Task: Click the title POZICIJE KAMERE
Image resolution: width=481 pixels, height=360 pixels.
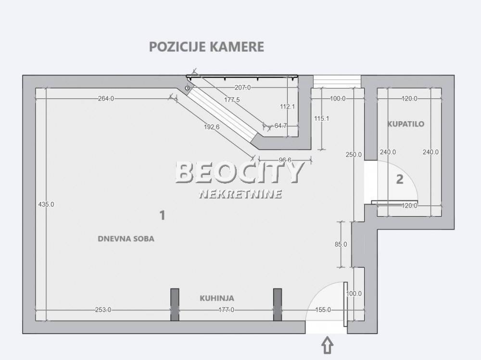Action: [206, 47]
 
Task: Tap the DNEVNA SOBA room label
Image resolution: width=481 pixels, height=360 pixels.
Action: [126, 239]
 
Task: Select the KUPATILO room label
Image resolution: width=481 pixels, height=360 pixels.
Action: [406, 124]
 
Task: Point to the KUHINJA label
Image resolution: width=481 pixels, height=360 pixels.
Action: [217, 298]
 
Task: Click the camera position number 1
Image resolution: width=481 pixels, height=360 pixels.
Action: [162, 215]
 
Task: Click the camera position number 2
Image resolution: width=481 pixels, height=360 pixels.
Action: [399, 179]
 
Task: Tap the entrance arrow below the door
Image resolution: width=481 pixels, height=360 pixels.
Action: [327, 345]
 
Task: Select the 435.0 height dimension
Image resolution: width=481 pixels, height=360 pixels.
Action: [46, 204]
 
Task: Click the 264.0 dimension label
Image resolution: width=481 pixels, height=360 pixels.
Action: [106, 99]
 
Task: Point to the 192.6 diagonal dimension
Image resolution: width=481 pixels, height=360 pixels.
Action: [212, 126]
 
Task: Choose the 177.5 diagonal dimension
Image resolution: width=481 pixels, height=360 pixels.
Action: [232, 99]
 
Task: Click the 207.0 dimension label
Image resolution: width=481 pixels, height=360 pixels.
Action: [242, 87]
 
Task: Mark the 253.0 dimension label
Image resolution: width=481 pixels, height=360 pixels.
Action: [103, 310]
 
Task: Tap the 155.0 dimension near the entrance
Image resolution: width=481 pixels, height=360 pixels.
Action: [323, 310]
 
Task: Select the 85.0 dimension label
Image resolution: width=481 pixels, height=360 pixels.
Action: [341, 244]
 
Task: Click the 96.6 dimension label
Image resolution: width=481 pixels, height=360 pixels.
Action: [285, 160]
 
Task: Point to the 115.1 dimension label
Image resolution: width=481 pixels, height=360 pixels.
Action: [321, 118]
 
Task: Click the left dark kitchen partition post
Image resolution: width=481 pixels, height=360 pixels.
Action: [175, 305]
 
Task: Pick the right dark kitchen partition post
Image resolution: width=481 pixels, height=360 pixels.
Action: [278, 305]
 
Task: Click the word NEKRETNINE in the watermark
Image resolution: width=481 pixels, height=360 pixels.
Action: [240, 194]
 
